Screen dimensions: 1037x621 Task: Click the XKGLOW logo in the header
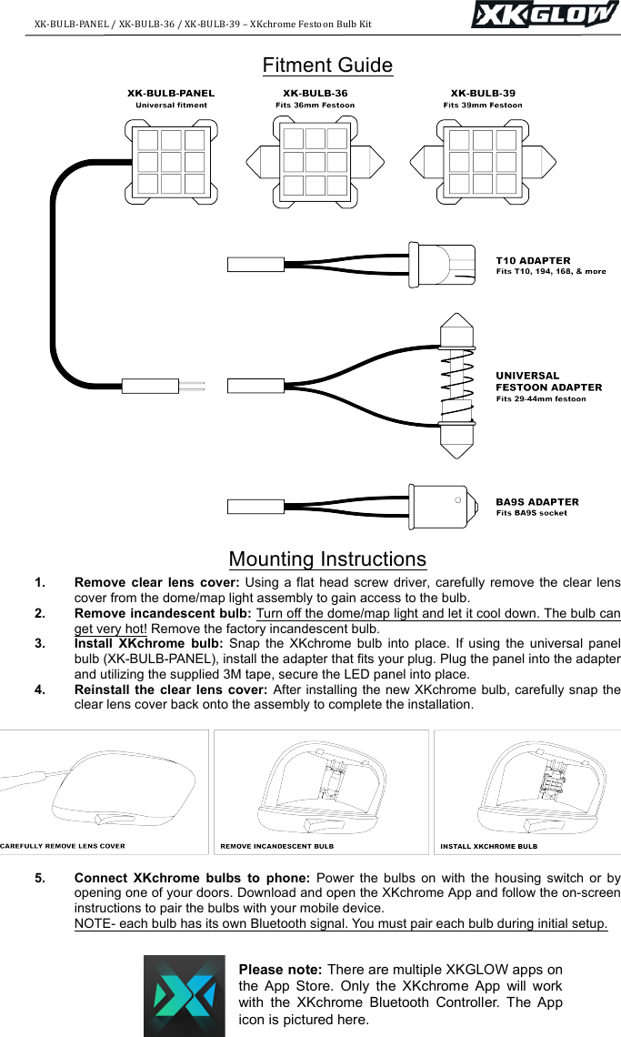point(542,15)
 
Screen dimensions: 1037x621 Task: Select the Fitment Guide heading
point(327,65)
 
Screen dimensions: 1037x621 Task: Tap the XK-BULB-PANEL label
point(171,93)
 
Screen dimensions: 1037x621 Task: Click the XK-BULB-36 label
point(315,93)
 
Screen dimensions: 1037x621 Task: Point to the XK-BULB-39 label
point(483,93)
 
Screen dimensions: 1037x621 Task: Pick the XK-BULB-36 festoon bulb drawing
point(315,163)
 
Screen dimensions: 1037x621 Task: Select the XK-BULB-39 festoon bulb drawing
point(483,163)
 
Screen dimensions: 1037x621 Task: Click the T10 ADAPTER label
point(533,260)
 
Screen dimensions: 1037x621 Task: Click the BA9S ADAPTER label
point(536,501)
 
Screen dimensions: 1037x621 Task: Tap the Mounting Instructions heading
point(327,559)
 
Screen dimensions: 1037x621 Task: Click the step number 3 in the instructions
point(40,643)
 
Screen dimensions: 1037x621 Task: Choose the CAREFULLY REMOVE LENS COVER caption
point(63,845)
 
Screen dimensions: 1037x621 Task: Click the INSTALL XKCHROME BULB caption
point(488,845)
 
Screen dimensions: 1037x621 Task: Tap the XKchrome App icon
point(185,995)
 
